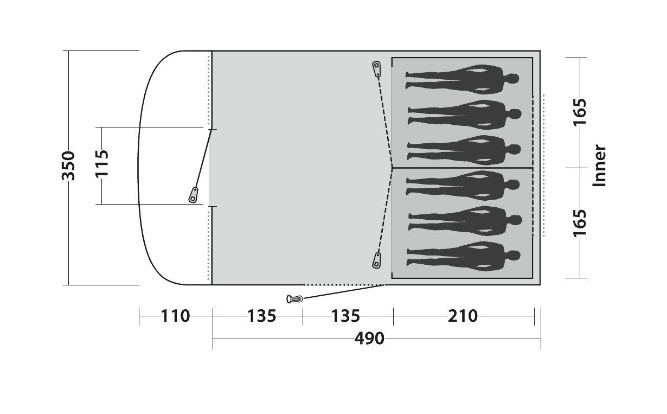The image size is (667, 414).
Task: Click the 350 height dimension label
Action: (68, 165)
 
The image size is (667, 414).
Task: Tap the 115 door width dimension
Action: (102, 163)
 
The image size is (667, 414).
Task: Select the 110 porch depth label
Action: (175, 316)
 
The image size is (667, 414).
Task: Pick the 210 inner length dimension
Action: (463, 316)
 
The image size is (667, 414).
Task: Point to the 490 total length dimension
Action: (369, 339)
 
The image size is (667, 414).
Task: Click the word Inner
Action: (599, 165)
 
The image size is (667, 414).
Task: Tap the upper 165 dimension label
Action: (580, 112)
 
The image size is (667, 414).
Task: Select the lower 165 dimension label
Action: (580, 224)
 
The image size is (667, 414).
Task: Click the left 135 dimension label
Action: (262, 316)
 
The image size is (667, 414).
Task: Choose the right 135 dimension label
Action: (345, 316)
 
